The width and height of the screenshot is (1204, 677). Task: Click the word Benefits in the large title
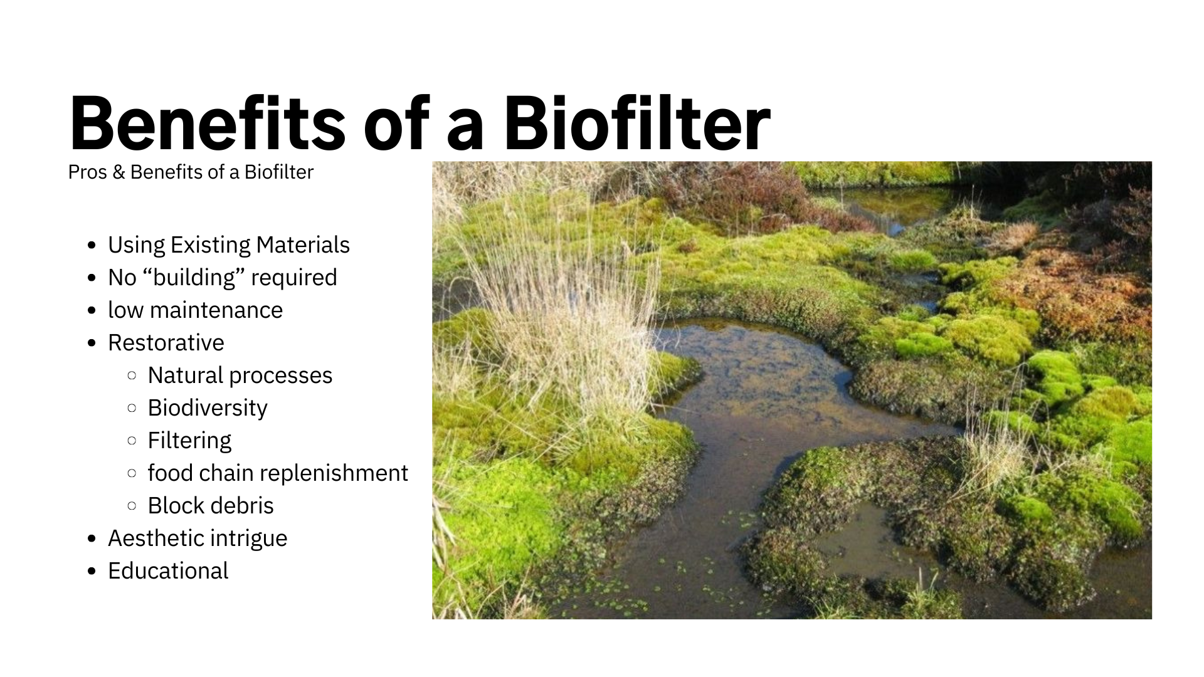(x=208, y=123)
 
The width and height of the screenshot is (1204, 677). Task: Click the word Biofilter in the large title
(x=637, y=123)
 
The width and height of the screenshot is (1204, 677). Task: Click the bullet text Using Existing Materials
(x=229, y=245)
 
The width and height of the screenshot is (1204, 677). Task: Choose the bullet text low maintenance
(x=195, y=310)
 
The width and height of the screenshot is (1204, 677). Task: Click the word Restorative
(x=166, y=343)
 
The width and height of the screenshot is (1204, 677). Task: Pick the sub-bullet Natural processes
(x=240, y=375)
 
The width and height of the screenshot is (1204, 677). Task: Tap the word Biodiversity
(x=208, y=408)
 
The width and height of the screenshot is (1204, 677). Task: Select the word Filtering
(x=189, y=441)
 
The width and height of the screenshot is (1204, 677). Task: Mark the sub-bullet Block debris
(x=211, y=506)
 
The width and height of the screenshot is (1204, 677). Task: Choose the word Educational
(x=168, y=571)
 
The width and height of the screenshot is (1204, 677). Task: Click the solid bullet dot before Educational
(x=92, y=572)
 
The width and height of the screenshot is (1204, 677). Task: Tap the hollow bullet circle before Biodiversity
(x=132, y=408)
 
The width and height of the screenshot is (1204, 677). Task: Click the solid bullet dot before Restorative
(x=92, y=344)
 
